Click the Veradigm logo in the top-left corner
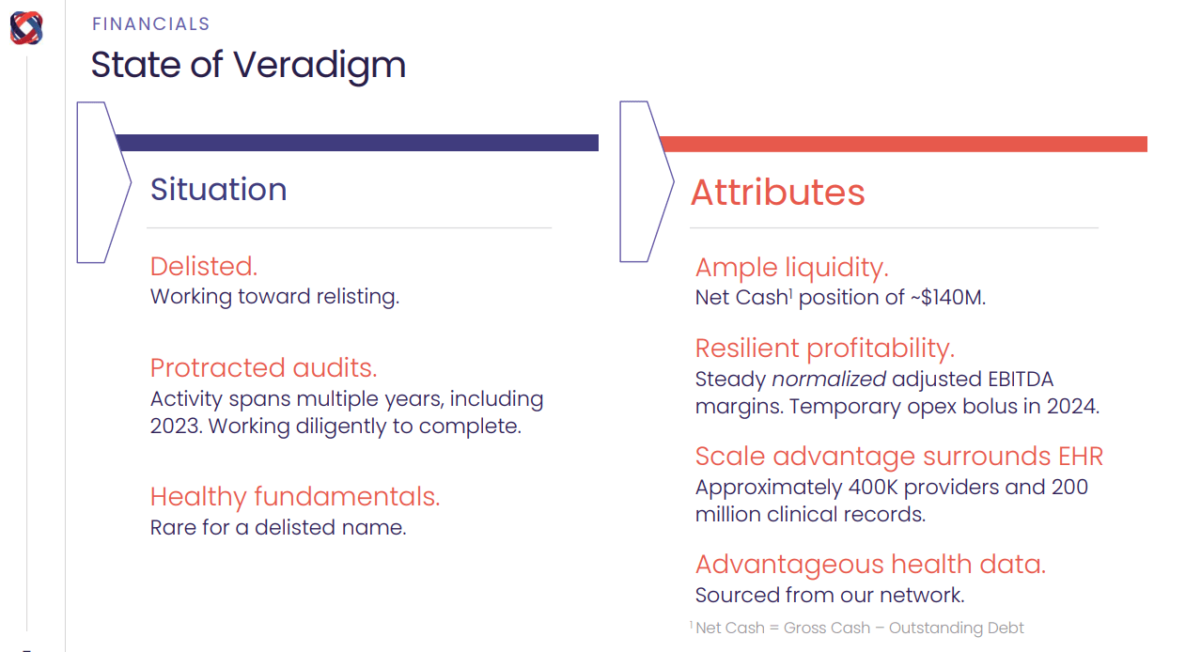point(26,27)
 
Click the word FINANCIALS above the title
point(150,24)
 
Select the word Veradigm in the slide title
point(320,66)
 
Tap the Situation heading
point(218,190)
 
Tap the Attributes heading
point(777,193)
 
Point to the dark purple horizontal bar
point(357,143)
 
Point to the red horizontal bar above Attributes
point(902,144)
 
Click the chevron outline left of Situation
point(103,182)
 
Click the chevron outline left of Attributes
point(647,182)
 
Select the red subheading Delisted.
point(203,267)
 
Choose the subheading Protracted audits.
point(263,367)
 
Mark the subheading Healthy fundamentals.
point(294,496)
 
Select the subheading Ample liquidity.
point(791,268)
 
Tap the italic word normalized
point(829,380)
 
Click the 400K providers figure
point(874,488)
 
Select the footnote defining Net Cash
point(857,628)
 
